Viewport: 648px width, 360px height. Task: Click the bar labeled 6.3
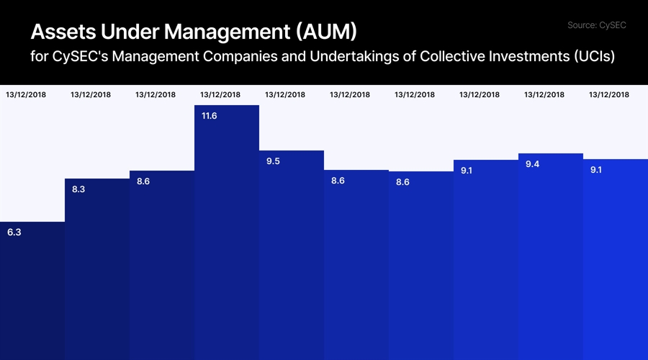click(32, 291)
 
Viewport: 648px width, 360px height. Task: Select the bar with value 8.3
click(97, 269)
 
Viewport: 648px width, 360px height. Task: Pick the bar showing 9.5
click(292, 255)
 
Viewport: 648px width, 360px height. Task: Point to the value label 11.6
click(210, 115)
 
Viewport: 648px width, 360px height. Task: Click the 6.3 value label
click(14, 233)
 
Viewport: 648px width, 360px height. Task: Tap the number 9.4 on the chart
click(533, 165)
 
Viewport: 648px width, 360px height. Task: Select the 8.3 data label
click(79, 189)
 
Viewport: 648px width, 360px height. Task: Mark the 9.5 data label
click(273, 161)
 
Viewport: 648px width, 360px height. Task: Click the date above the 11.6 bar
click(220, 94)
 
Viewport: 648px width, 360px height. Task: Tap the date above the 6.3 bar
click(26, 94)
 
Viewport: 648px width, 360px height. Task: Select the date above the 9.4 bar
click(544, 94)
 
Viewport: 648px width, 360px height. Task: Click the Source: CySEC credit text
click(597, 25)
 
